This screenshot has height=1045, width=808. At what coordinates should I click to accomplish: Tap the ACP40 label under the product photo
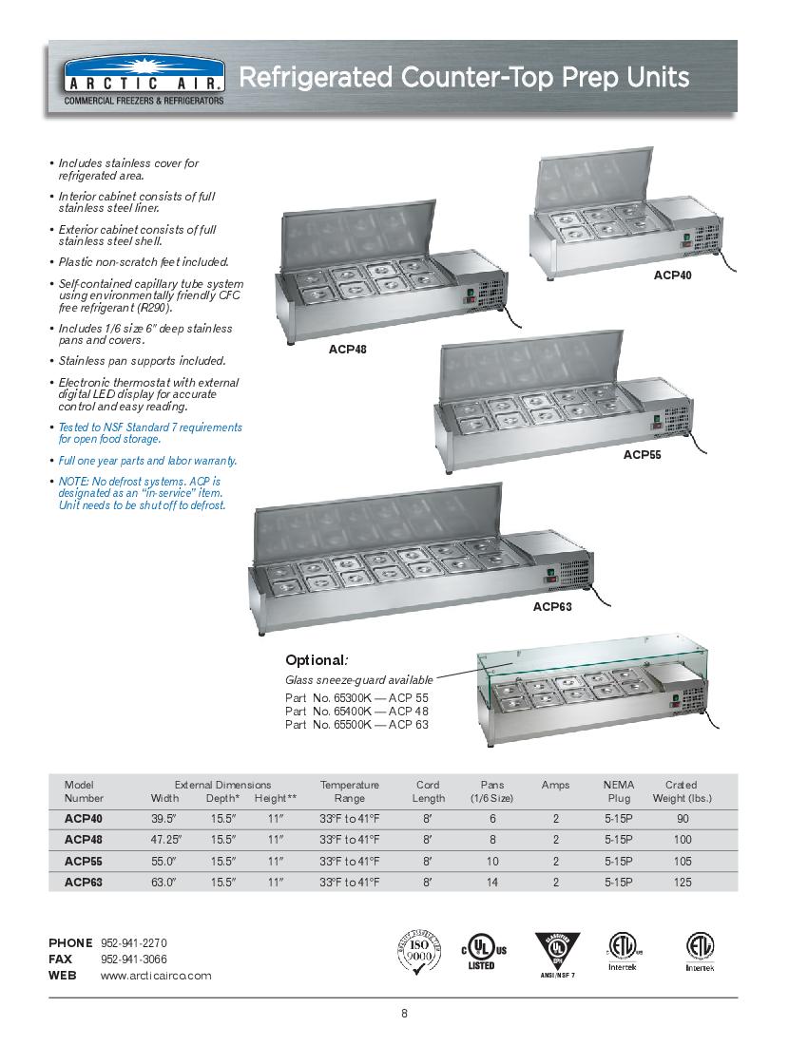(672, 275)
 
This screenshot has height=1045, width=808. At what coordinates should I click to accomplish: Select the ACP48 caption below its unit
(348, 350)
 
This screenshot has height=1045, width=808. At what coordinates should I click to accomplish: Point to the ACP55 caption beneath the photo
(642, 454)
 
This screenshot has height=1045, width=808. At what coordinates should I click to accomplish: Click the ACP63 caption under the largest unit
(551, 606)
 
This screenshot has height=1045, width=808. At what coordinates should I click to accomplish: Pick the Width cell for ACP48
(164, 840)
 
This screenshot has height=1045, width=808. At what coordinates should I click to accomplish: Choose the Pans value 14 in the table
(492, 883)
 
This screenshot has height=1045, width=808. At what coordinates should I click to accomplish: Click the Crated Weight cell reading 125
(683, 883)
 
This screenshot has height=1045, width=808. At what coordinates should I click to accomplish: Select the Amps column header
(555, 785)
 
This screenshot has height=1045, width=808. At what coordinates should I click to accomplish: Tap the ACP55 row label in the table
(84, 861)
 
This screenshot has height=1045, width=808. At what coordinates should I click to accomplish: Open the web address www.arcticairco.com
(156, 976)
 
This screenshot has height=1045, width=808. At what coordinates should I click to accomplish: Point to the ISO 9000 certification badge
(418, 952)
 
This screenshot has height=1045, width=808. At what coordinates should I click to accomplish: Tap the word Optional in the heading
(314, 660)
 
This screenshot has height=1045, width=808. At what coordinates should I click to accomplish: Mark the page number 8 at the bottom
(404, 1014)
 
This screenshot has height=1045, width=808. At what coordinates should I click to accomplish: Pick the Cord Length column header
(429, 791)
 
